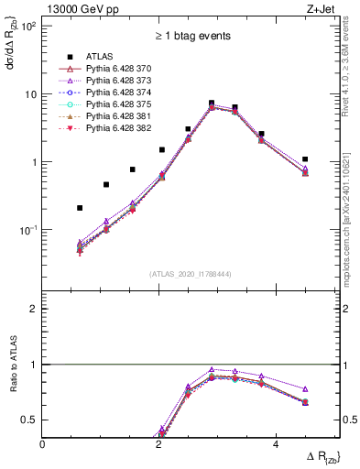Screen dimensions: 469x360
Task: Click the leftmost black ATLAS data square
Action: coord(80,208)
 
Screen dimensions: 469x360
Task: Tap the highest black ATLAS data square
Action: coord(212,104)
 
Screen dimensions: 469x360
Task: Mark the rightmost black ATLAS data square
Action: coord(305,159)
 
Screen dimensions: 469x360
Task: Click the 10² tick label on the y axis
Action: coord(27,26)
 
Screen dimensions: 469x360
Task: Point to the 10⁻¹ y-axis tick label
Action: coord(27,230)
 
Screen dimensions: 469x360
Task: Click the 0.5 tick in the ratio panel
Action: coord(29,420)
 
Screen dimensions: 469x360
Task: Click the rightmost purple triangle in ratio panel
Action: coord(305,389)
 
